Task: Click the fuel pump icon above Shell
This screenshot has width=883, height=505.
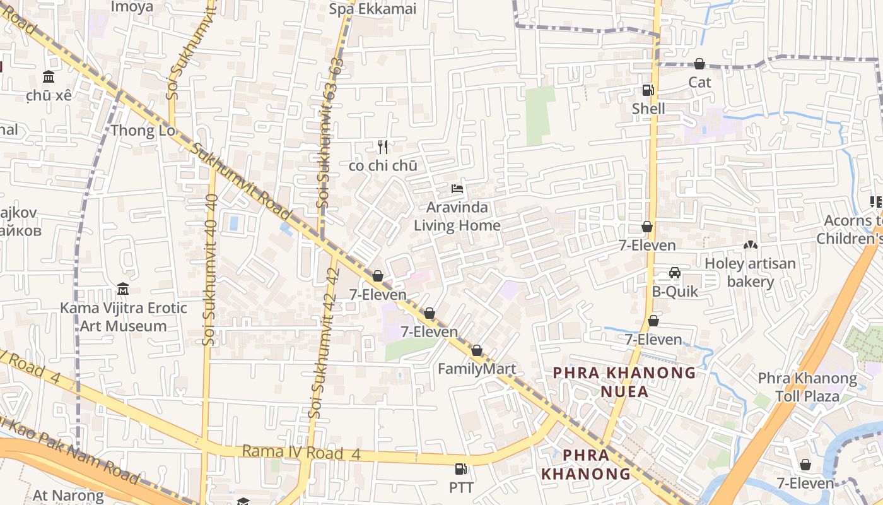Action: tap(648, 90)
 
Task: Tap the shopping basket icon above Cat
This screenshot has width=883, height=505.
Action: tap(699, 64)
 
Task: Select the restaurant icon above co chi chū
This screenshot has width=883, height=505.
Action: tap(382, 147)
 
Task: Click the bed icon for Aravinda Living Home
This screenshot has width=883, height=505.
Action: tap(457, 189)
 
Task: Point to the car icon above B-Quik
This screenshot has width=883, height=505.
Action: tap(674, 273)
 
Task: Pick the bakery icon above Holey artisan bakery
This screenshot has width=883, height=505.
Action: tap(750, 245)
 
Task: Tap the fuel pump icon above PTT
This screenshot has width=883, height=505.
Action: tap(461, 469)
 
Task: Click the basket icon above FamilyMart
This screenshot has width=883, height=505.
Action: tap(477, 350)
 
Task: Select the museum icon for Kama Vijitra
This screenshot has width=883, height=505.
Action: tap(123, 289)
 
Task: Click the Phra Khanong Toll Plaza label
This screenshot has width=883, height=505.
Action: tap(807, 387)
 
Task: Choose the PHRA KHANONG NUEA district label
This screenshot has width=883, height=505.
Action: tap(624, 382)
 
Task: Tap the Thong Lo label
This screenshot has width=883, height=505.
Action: tap(143, 131)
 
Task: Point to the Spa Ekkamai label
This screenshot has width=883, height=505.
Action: tap(373, 9)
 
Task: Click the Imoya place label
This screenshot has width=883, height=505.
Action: tap(132, 7)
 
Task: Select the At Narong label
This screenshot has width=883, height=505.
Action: tap(68, 495)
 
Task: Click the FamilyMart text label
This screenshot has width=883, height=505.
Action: tap(477, 369)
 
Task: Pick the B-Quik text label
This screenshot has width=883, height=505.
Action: tap(675, 291)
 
